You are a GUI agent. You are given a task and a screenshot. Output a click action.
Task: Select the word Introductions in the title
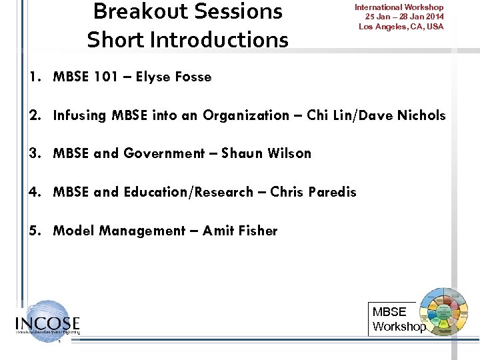[219, 40]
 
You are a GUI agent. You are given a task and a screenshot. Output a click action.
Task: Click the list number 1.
[33, 77]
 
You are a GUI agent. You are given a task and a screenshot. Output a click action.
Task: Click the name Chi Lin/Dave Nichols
[376, 115]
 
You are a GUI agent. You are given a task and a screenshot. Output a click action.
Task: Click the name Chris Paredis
[313, 192]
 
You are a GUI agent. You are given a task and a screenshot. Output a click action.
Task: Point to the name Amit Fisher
[240, 231]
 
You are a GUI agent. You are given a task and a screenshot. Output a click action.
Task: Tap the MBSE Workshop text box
[397, 319]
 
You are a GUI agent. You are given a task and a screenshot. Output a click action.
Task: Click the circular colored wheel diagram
[442, 311]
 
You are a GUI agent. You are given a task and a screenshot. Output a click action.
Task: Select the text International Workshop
[399, 7]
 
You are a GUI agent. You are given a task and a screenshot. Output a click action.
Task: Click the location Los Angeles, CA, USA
[401, 26]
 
